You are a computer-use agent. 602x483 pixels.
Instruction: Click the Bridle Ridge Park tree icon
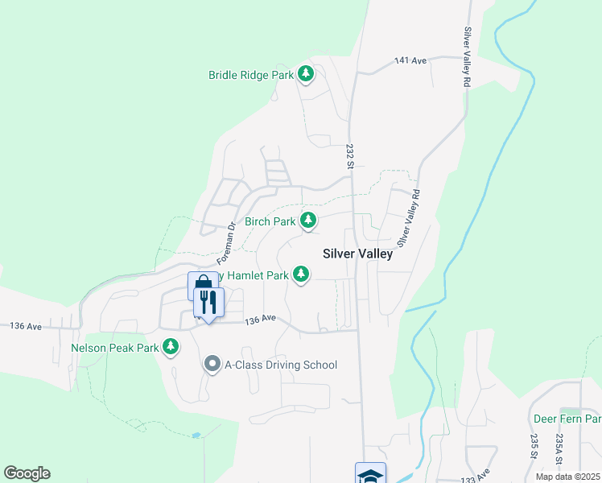click(306, 74)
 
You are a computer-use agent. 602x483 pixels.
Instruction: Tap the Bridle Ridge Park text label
click(251, 75)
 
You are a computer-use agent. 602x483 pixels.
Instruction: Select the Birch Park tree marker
click(307, 220)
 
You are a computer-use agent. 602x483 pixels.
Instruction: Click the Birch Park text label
click(270, 221)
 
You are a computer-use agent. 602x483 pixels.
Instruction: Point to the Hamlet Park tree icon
click(301, 275)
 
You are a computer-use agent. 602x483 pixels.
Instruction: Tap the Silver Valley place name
click(357, 254)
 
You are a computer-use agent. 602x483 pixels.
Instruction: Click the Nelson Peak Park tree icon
click(171, 346)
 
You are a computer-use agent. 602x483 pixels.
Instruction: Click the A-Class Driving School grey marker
click(212, 365)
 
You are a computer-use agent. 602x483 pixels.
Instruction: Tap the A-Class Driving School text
click(281, 365)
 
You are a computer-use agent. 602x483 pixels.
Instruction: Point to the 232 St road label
click(350, 155)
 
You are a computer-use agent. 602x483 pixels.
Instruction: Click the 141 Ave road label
click(410, 60)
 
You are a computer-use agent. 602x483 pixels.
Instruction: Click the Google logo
click(27, 473)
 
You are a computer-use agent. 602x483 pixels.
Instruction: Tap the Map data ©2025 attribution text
click(567, 477)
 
